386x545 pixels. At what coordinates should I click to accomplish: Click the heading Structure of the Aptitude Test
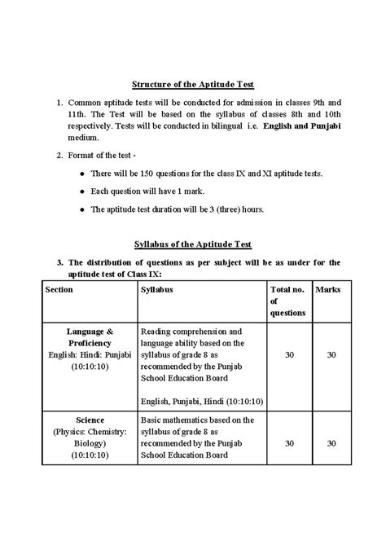tap(192, 83)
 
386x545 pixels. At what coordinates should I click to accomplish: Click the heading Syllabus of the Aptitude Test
tap(192, 244)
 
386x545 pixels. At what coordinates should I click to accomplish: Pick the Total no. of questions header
tap(288, 301)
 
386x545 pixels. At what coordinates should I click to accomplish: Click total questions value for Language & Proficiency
tap(290, 354)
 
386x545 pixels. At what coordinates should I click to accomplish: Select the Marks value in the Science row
tap(331, 443)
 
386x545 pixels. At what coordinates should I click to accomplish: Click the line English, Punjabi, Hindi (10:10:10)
tap(201, 401)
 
